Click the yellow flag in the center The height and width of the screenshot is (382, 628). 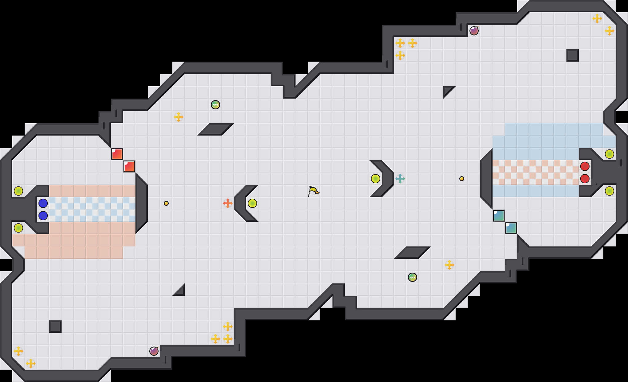click(313, 191)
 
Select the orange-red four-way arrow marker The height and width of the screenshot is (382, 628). click(227, 203)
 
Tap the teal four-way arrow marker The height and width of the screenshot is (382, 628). click(400, 179)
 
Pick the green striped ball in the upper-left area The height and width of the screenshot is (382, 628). click(215, 105)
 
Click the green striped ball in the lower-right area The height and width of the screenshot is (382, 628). click(413, 277)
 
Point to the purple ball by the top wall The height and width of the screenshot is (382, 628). click(474, 31)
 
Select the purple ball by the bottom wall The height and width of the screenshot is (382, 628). click(154, 351)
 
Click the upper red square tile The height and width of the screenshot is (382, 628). click(117, 154)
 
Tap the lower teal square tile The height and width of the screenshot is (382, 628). click(511, 228)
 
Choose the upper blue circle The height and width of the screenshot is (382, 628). click(43, 203)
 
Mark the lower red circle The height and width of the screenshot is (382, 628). click(585, 179)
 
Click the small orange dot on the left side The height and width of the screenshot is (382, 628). click(166, 203)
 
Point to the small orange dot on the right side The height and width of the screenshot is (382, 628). click(462, 179)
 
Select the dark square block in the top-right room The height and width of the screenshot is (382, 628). click(573, 55)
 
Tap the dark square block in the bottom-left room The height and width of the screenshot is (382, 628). click(55, 327)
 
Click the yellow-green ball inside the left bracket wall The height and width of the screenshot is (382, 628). click(252, 203)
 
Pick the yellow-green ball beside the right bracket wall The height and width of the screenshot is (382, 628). click(376, 179)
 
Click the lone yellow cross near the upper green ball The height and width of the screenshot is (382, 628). click(179, 117)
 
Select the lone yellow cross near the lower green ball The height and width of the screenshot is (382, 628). click(449, 265)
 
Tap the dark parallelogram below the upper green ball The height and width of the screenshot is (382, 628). click(215, 129)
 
